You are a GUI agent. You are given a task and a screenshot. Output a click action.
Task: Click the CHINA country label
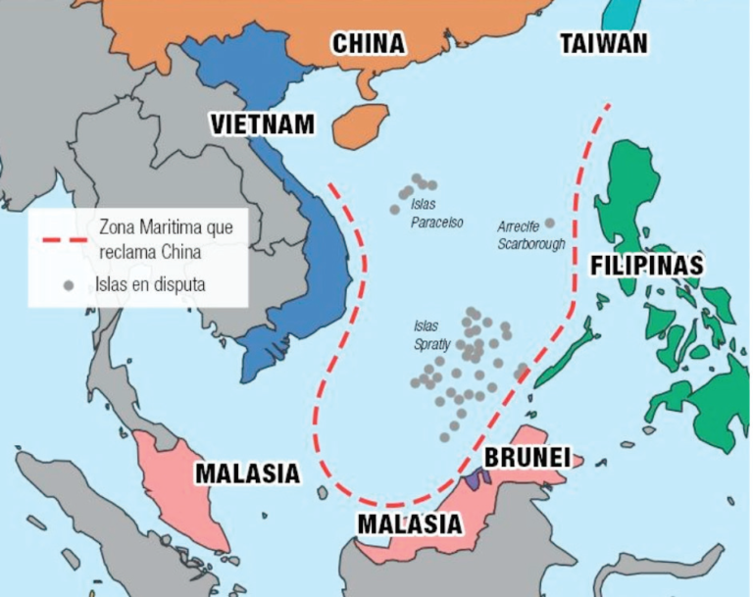click(x=368, y=44)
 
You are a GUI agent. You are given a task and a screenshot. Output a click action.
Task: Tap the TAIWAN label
click(x=604, y=43)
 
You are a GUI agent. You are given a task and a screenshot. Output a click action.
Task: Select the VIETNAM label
click(x=263, y=124)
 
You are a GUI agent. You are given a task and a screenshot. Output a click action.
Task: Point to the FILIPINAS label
click(x=646, y=266)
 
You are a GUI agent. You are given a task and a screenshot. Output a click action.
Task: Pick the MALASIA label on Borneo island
click(x=409, y=523)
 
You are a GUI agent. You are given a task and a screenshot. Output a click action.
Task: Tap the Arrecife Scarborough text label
click(x=530, y=234)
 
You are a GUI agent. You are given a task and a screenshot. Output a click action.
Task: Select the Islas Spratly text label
click(x=427, y=335)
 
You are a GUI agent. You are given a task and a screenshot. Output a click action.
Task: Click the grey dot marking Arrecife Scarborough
click(x=550, y=224)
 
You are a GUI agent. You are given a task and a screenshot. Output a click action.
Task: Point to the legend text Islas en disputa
click(x=150, y=285)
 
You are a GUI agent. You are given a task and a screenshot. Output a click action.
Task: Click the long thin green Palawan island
click(x=566, y=355)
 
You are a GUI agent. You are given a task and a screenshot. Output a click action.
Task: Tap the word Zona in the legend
click(x=117, y=226)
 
